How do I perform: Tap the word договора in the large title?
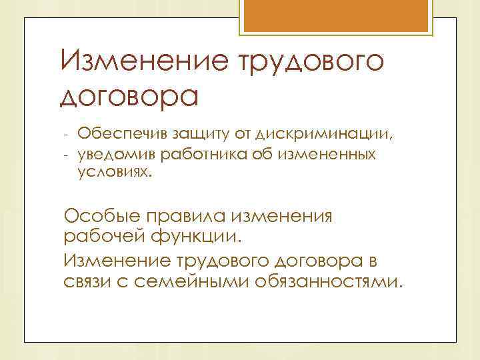[x=129, y=97]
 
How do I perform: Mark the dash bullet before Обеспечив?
[x=67, y=136]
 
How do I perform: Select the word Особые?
[x=101, y=217]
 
